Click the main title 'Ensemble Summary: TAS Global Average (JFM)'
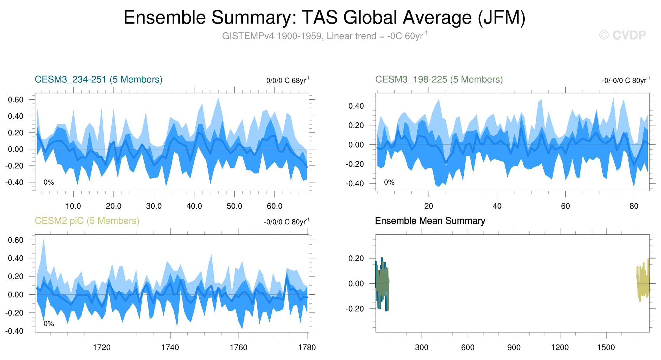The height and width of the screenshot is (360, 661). pos(324,18)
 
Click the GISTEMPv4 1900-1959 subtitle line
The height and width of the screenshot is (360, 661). pos(324,36)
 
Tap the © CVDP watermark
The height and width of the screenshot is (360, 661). pos(622,35)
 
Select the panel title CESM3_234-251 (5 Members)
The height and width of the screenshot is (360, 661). pos(98,80)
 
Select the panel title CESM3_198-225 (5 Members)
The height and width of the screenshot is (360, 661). pos(439,80)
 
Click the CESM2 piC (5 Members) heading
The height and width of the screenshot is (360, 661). pos(87,221)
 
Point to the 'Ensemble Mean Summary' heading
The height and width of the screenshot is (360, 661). pos(430,221)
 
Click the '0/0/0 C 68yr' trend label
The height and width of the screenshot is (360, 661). pos(288,81)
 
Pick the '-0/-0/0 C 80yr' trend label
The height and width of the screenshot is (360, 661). pos(626,81)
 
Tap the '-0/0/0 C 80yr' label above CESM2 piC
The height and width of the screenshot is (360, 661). pos(286,222)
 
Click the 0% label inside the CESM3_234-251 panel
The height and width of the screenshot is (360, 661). pos(49,182)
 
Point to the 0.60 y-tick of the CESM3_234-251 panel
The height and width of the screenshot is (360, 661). pos(15,100)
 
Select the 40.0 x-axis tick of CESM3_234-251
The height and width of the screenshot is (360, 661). pos(194,206)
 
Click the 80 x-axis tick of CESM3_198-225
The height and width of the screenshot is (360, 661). pos(634,206)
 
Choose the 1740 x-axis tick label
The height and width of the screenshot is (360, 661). pos(170,348)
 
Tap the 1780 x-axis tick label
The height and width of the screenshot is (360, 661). pos(307,348)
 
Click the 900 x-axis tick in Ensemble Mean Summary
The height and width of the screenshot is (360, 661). pos(514,348)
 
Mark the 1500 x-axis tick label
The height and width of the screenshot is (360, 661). pos(606,348)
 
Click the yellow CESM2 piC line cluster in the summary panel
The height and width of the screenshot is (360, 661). pos(643,282)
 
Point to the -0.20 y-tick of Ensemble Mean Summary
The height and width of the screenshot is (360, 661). pos(356,309)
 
